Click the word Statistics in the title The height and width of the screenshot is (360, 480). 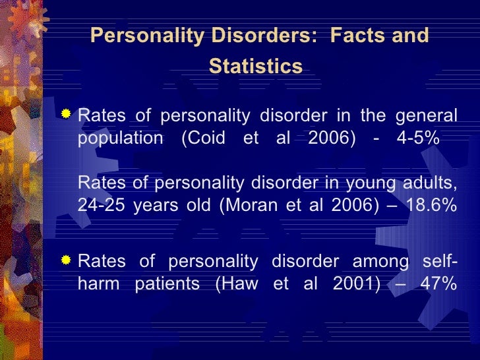(256, 67)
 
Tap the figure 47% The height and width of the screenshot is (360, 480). (436, 284)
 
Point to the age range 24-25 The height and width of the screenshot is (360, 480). (101, 204)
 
